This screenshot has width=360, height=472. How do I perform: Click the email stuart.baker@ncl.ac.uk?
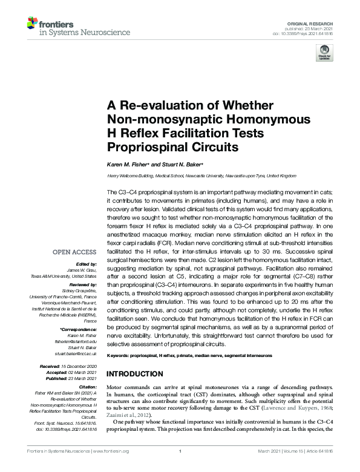coord(77,353)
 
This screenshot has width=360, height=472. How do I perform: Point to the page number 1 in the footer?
coord(180,468)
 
